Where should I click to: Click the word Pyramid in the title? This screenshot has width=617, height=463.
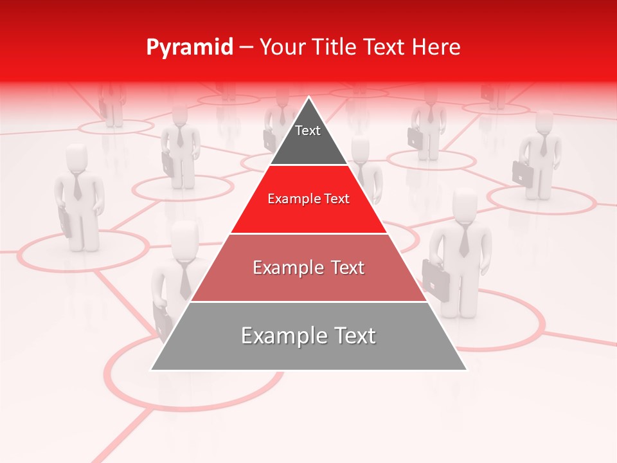pos(189,48)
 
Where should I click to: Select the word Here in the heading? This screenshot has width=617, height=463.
pos(436,47)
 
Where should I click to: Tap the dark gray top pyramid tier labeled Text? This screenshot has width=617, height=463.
pos(308,138)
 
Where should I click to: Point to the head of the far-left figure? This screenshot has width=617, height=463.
pos(77,156)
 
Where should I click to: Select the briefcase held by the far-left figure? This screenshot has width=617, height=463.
pos(66,222)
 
